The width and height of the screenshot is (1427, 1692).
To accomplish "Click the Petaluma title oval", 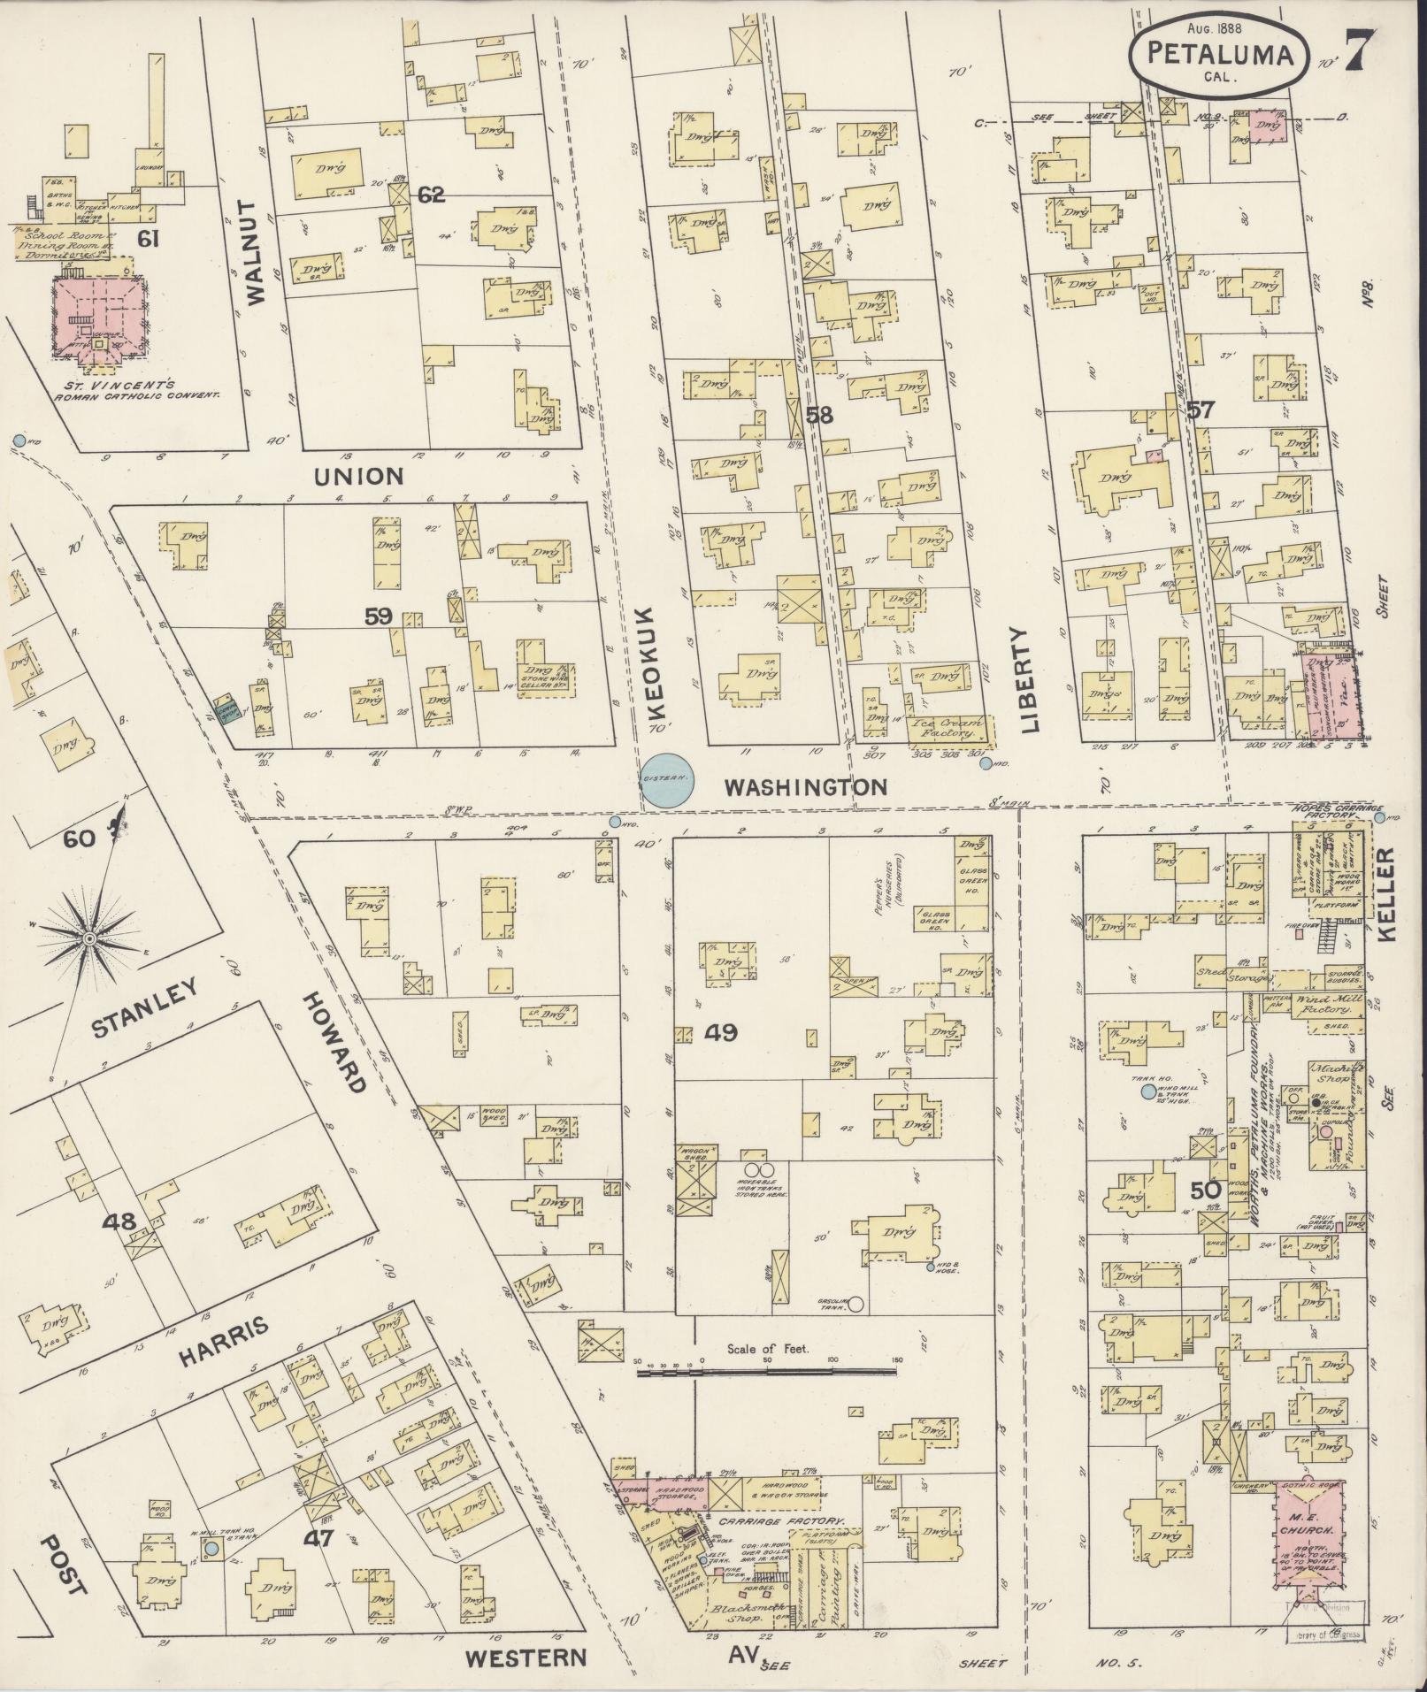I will coord(1219,54).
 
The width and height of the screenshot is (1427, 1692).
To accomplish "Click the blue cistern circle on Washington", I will coord(666,780).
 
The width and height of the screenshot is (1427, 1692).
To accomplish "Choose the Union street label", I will coord(358,476).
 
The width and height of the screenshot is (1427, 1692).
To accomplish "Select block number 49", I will coord(721,1032).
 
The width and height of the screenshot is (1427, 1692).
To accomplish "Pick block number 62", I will coord(431,195).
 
